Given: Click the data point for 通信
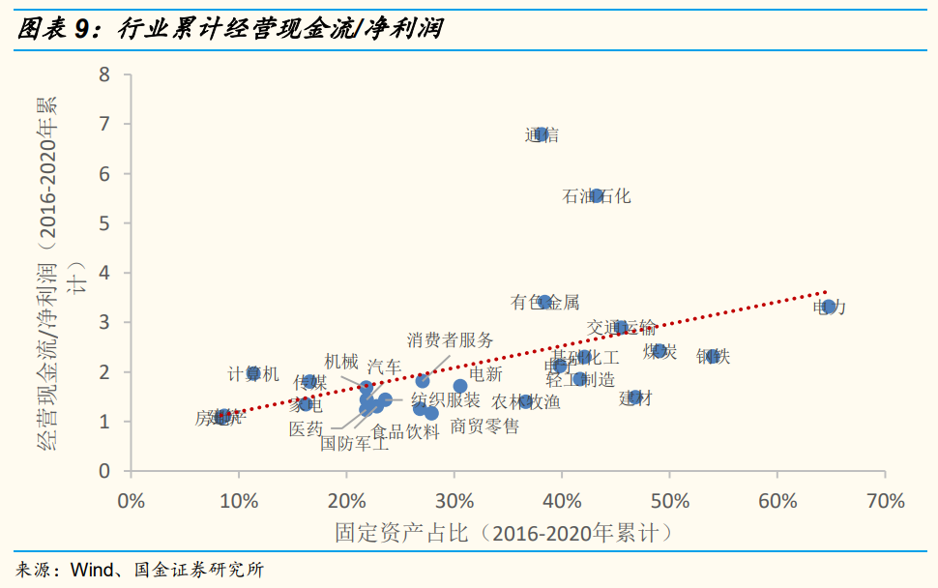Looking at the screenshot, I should pos(542,134).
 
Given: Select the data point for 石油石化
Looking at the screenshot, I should pos(597,195).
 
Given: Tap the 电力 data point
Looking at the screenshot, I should pos(829,307).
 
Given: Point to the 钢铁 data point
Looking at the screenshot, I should pos(714,356).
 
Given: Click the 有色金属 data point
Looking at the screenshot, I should pos(544,302).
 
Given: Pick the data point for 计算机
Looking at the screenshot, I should pos(253,373).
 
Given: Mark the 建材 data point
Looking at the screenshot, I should pos(635,397).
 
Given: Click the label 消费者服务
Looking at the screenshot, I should pos(450,339).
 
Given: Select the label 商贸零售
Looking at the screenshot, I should pos(484,426).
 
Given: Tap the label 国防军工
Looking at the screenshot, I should pos(355,444).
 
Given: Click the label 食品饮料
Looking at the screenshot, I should pos(406,431).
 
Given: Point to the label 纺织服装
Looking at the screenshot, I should pos(446,399).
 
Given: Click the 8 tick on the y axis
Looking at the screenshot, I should pos(105,74).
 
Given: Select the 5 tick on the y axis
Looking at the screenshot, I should pos(105,223).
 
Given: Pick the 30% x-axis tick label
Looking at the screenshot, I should pos(454,501).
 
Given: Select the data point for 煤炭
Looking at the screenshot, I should pos(660,351).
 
